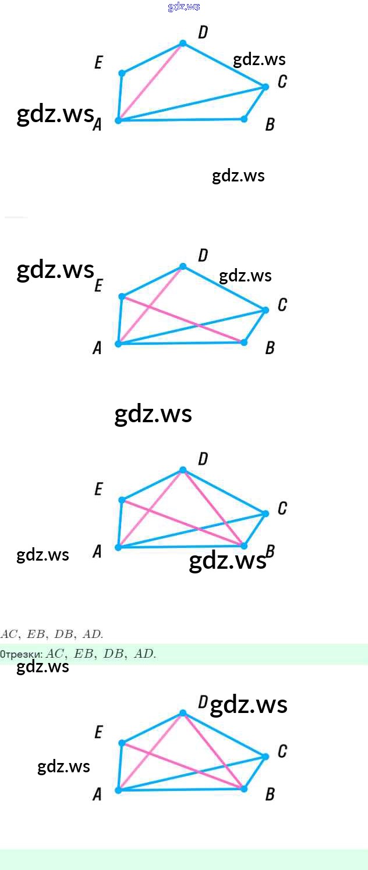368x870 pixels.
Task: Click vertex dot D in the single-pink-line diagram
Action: coord(183,44)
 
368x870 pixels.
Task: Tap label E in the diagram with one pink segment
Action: coord(98,63)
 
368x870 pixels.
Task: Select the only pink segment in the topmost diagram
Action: coord(150,82)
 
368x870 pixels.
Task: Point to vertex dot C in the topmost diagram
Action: coord(266,87)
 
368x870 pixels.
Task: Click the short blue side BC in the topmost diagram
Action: coord(255,103)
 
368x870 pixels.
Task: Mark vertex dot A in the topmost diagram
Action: coord(118,120)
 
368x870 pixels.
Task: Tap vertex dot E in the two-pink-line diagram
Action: coord(122,297)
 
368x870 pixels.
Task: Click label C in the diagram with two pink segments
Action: coord(282,305)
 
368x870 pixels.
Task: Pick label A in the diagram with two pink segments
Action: coord(97,348)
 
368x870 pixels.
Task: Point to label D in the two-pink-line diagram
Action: coord(203,255)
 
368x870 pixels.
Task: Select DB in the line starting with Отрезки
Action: coord(114,654)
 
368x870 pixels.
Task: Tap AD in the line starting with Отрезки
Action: coord(144,654)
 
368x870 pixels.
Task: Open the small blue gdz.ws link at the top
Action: coord(183,7)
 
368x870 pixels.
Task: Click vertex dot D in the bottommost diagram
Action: coord(183,713)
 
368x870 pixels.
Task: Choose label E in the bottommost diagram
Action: coord(98,732)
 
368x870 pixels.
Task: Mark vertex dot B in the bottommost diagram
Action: coord(244,789)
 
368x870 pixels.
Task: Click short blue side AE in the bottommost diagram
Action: coord(120,766)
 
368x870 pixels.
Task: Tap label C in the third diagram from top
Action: coord(282,508)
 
